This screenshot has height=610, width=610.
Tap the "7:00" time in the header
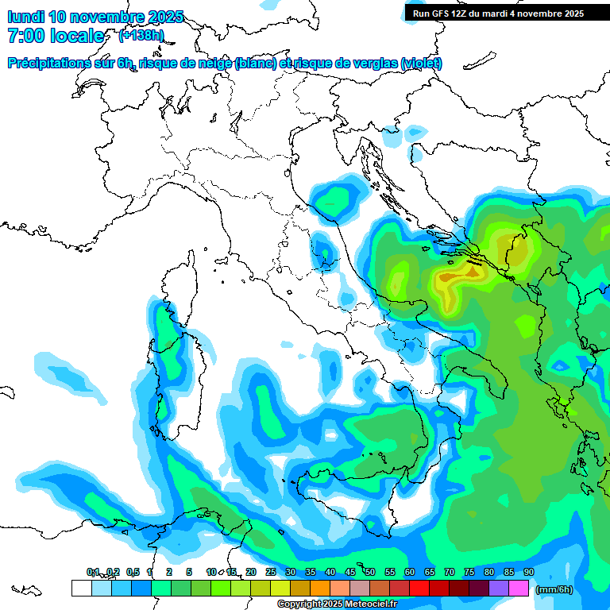tap(24, 36)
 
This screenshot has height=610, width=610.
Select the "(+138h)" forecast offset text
tap(141, 36)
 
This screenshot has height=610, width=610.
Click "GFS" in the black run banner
tap(438, 14)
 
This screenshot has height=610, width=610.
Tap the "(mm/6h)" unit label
tap(554, 589)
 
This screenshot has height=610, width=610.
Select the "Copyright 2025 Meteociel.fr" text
tap(337, 604)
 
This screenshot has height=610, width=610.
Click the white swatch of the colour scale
tap(81, 589)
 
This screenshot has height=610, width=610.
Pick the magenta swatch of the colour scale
tap(519, 589)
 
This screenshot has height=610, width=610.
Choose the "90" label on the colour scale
tap(528, 572)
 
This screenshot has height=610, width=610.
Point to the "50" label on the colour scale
tap(370, 572)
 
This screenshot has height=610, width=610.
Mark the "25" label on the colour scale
tap(271, 572)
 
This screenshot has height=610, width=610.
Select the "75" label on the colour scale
tap(469, 572)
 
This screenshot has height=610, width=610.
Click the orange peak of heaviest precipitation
tap(472, 272)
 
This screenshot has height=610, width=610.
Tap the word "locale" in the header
tap(76, 36)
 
